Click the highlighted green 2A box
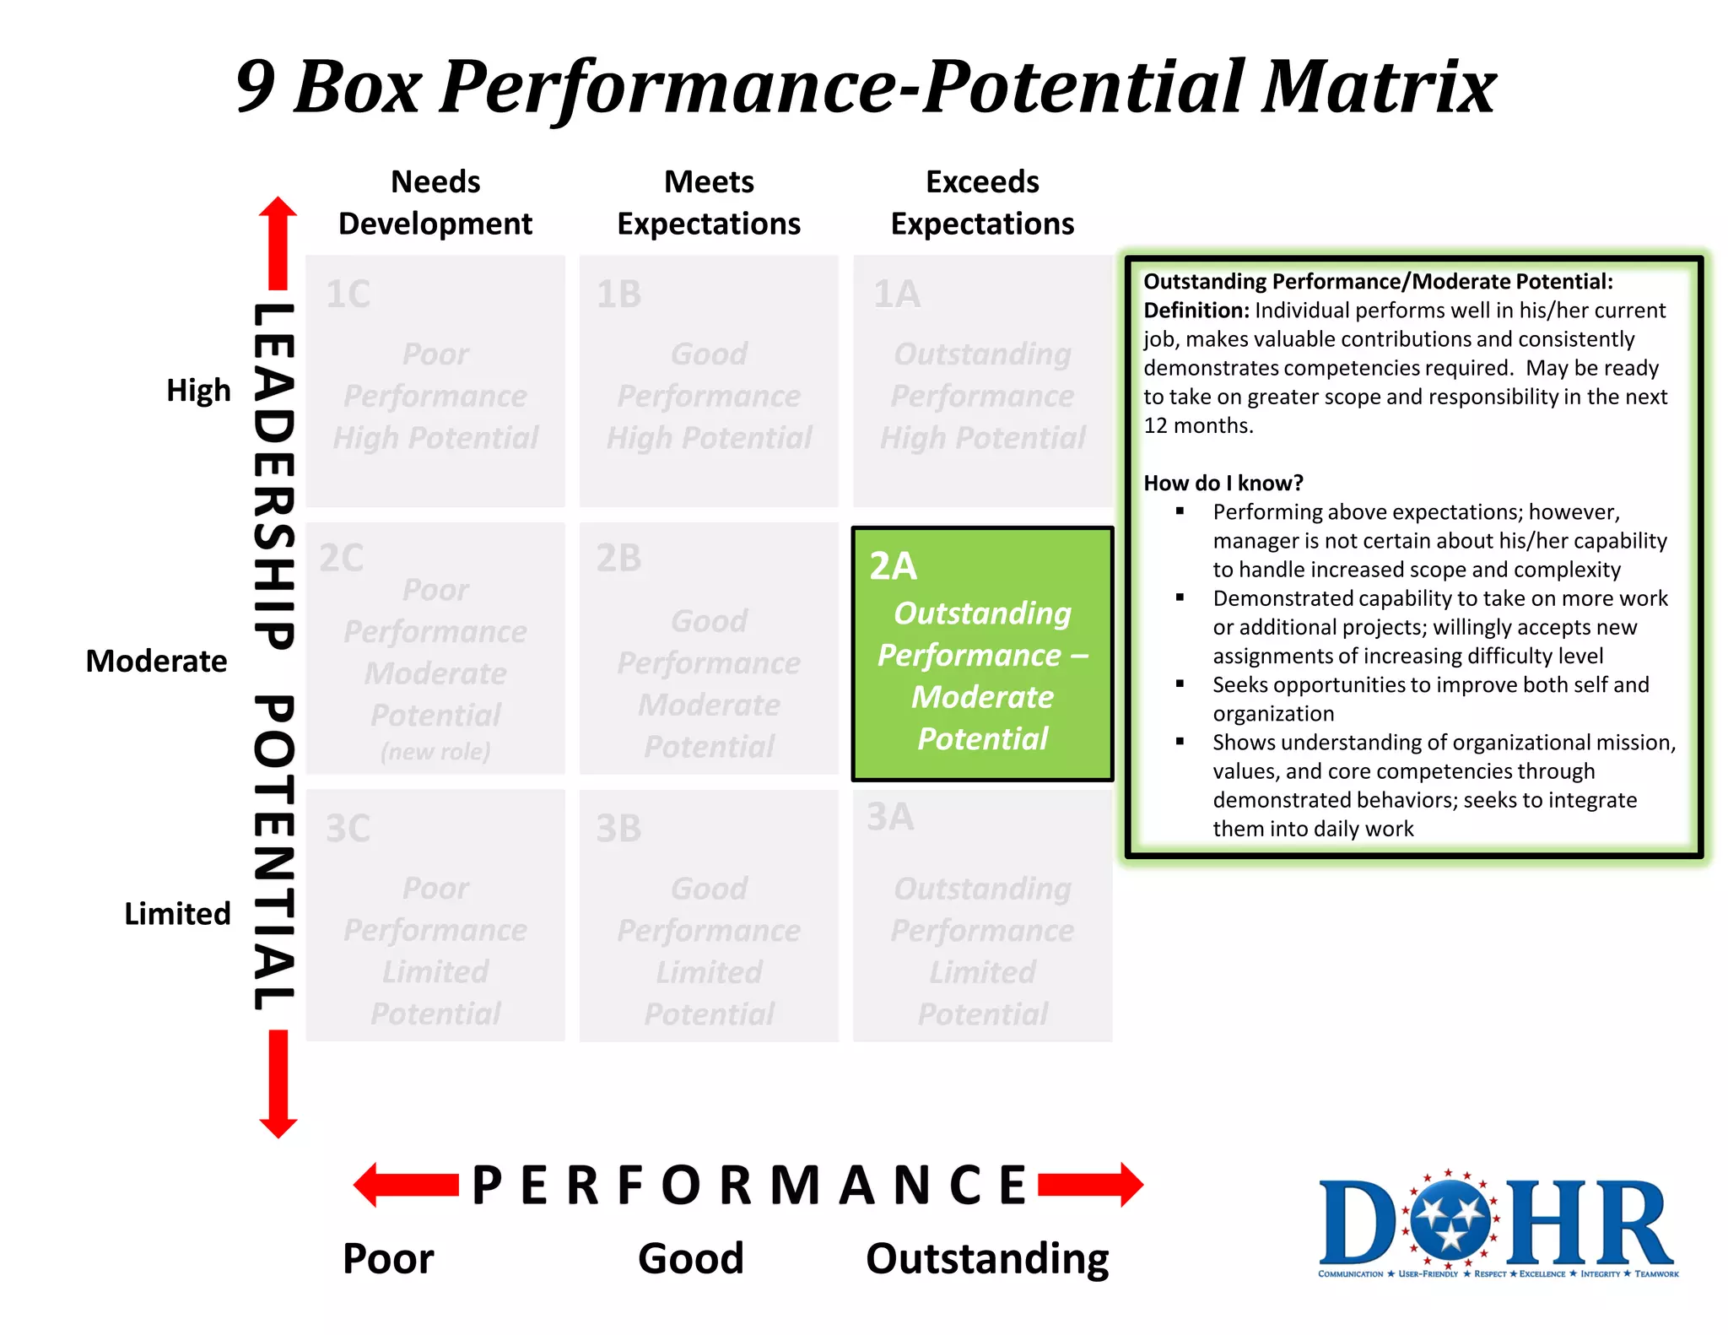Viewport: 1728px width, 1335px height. click(982, 654)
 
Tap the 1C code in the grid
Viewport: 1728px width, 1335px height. click(348, 295)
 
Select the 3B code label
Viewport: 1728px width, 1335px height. click(618, 829)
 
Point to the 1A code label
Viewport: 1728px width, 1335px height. click(896, 295)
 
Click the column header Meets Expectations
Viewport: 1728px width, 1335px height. click(709, 203)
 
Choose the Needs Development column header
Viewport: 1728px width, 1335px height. click(435, 203)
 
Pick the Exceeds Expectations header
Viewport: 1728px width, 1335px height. click(982, 203)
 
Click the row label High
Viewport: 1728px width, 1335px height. click(198, 391)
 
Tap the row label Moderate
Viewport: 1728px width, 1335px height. click(156, 661)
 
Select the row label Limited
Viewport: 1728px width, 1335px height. click(177, 914)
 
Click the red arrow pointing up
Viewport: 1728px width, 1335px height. click(278, 241)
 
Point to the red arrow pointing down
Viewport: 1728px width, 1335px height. click(278, 1084)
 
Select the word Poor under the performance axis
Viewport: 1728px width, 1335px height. click(388, 1258)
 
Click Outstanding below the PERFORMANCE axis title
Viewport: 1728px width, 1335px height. click(987, 1258)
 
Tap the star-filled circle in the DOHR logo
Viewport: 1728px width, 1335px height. click(1450, 1219)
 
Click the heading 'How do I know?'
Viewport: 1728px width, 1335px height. click(1223, 483)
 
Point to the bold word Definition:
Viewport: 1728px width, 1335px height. click(1196, 311)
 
